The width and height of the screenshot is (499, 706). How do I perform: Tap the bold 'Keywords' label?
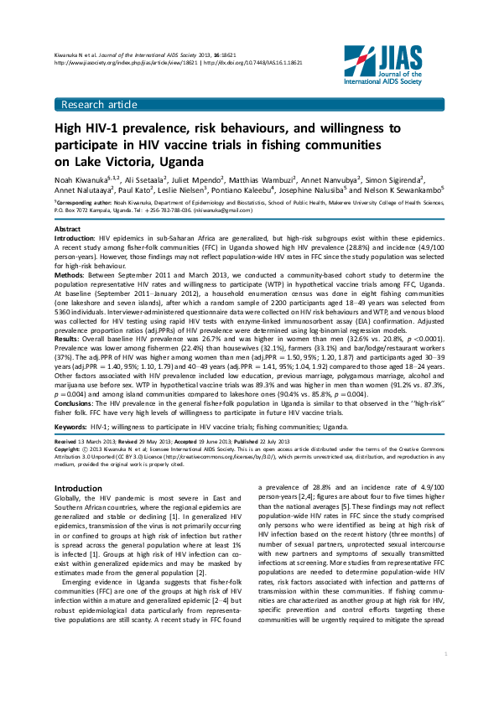71,426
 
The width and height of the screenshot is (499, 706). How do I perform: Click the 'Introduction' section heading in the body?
78,488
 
